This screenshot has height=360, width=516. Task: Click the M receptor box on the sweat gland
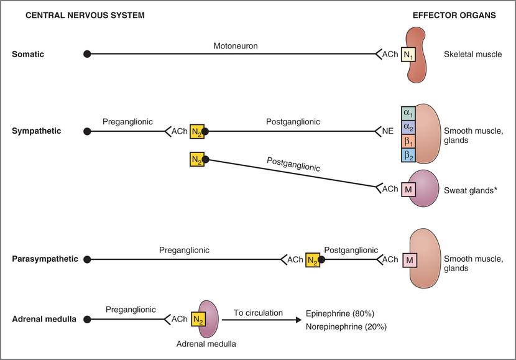point(408,188)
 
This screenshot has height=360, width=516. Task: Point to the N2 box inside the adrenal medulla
point(198,320)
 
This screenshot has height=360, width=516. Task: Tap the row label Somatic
point(29,55)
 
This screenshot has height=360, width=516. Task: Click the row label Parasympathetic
point(45,259)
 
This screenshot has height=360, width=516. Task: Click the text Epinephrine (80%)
point(340,313)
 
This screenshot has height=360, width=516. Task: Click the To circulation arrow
point(259,320)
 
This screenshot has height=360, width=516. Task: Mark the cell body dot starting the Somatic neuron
point(87,55)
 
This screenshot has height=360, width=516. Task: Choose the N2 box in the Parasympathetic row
point(313,259)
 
